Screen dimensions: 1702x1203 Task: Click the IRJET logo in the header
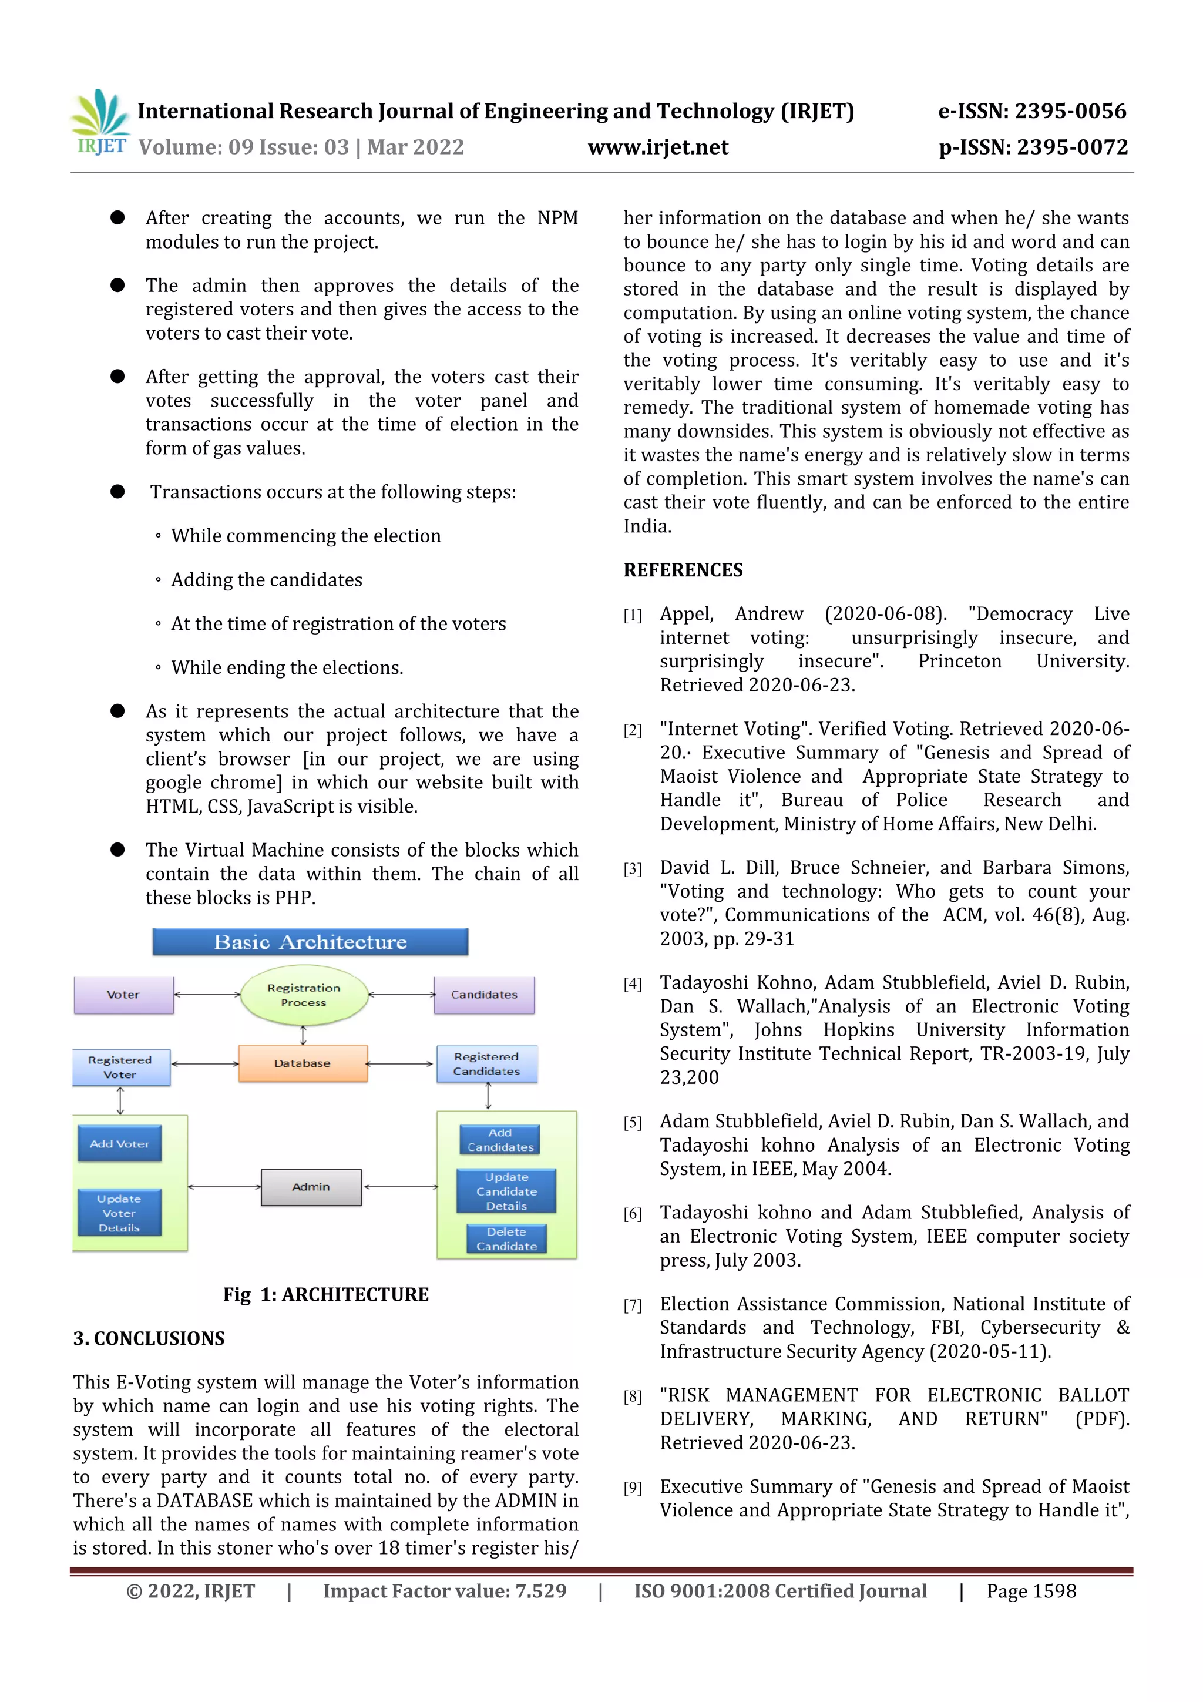click(100, 122)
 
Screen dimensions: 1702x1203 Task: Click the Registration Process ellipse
click(304, 995)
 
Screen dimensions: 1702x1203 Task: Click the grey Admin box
click(311, 1187)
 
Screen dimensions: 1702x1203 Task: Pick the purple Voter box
click(123, 995)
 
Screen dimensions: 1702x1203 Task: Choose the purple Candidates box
click(484, 995)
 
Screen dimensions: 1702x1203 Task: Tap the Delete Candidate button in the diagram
click(506, 1238)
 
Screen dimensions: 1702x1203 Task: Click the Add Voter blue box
click(119, 1144)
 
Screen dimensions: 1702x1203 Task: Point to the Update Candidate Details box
click(506, 1191)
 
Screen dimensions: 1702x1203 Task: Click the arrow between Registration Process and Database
click(303, 1034)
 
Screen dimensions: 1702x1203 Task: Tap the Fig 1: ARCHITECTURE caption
click(325, 1294)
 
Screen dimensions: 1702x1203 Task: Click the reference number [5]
click(632, 1123)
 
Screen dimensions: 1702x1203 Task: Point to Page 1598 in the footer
click(1030, 1591)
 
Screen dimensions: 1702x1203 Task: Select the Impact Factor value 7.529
click(540, 1591)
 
